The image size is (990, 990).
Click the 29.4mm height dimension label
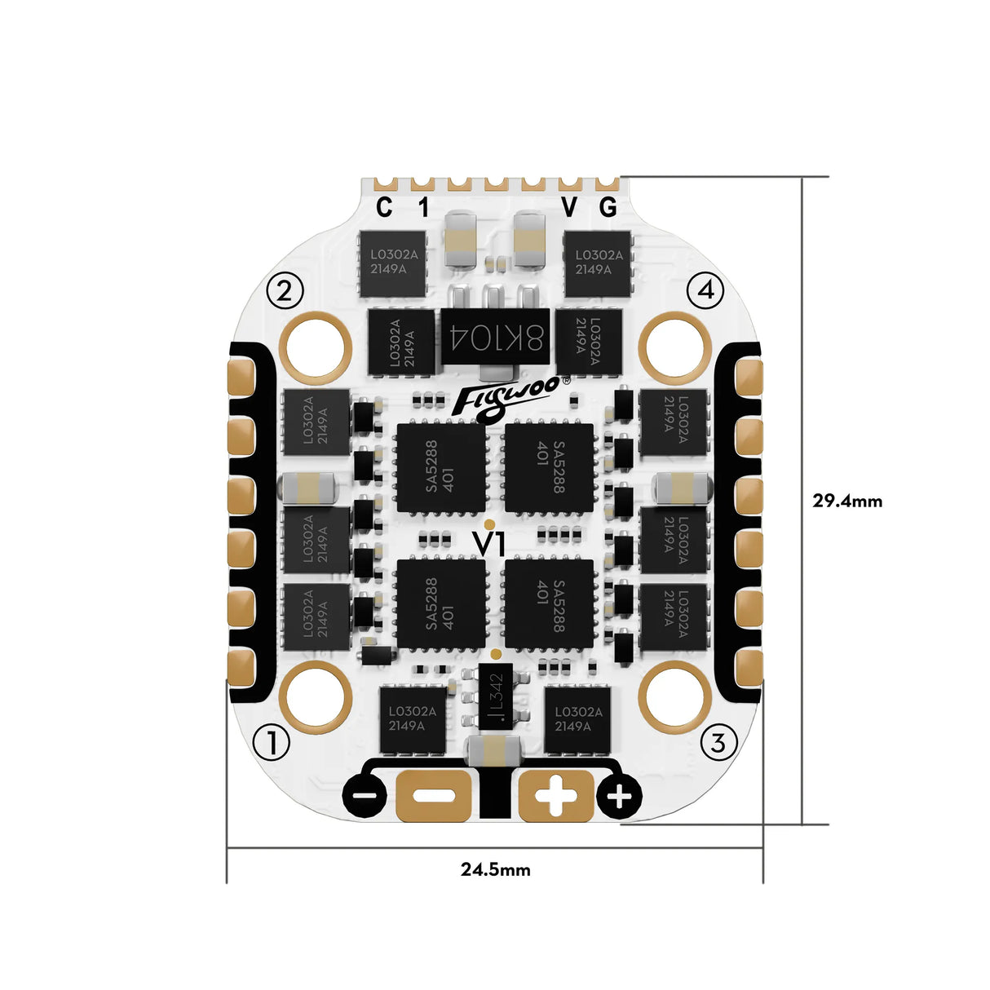pyautogui.click(x=846, y=501)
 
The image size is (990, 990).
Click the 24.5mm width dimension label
pyautogui.click(x=495, y=869)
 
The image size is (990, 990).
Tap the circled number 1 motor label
pyautogui.click(x=272, y=743)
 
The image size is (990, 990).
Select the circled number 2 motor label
pyautogui.click(x=285, y=290)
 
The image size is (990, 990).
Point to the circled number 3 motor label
pyautogui.click(x=718, y=743)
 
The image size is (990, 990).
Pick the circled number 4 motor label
pyautogui.click(x=705, y=289)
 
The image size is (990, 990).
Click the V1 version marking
pyautogui.click(x=491, y=544)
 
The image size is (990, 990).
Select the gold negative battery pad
pyautogui.click(x=434, y=795)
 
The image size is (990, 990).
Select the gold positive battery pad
pyautogui.click(x=556, y=795)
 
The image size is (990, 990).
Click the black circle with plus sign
pyautogui.click(x=620, y=796)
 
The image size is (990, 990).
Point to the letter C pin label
pyautogui.click(x=384, y=209)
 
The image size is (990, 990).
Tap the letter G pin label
pyautogui.click(x=608, y=209)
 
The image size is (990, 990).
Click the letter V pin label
pyautogui.click(x=569, y=209)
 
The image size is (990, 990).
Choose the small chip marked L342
pyautogui.click(x=495, y=698)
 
